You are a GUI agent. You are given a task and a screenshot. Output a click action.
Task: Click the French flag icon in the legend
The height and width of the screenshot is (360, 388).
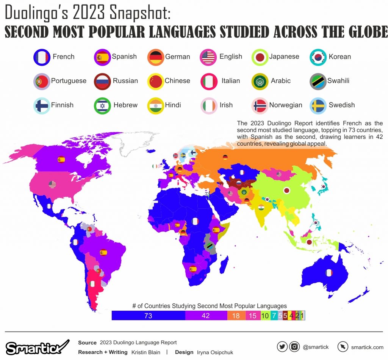coord(41,57)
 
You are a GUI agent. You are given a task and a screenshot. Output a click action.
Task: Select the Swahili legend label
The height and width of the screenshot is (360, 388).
coord(338,81)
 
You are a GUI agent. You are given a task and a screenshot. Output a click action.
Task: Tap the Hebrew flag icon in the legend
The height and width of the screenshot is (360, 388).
coord(102,105)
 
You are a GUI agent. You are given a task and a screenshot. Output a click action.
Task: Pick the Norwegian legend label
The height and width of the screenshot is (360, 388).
coord(286,105)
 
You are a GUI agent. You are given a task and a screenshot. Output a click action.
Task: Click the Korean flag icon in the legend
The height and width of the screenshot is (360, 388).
coord(318,57)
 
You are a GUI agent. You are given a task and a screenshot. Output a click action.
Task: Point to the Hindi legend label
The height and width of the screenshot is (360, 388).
coord(173,105)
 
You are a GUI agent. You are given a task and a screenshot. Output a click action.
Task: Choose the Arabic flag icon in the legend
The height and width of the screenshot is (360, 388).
coord(260,81)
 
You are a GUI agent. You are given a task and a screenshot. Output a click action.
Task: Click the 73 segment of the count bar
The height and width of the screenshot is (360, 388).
coord(148,316)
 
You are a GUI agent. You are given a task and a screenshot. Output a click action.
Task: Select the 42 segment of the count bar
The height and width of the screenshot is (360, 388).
coord(206,316)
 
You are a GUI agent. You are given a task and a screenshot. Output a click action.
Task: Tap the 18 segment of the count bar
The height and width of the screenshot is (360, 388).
coord(236,316)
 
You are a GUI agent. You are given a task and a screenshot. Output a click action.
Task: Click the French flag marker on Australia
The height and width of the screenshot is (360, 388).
coord(329,272)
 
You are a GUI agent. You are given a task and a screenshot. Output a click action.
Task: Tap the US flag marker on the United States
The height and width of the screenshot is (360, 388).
coord(52,185)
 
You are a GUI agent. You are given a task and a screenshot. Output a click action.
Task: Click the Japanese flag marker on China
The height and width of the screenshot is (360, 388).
coord(286,190)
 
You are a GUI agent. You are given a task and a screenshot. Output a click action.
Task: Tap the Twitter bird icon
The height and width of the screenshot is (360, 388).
coord(282,347)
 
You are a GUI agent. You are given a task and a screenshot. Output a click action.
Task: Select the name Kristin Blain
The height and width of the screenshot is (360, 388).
coord(146,352)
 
